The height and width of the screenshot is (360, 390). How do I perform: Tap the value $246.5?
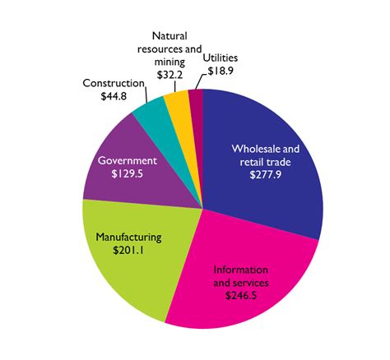point(240,295)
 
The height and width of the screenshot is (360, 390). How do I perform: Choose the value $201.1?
point(128,251)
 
